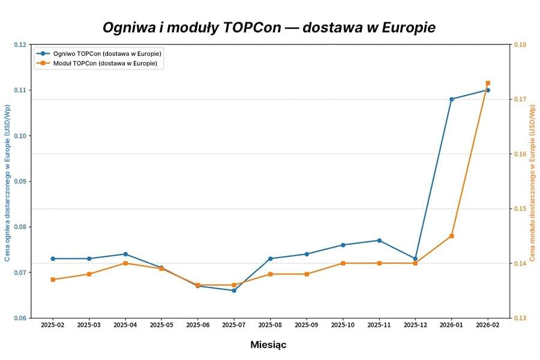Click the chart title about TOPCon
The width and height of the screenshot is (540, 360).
269,28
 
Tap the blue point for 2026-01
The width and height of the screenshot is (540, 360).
451,99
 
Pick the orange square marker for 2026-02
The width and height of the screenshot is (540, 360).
488,83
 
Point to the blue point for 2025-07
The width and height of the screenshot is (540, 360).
234,290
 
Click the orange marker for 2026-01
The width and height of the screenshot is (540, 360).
451,236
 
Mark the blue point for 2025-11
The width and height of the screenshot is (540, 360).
379,241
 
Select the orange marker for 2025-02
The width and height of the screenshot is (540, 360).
53,280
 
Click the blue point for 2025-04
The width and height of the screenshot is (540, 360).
125,254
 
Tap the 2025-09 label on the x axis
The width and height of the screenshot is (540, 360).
307,325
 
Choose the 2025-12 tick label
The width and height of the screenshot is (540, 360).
415,325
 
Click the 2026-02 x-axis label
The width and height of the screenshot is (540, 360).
488,325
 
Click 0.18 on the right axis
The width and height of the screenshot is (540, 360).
520,44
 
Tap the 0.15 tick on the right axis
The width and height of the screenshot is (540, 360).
520,209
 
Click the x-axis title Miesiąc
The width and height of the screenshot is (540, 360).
268,345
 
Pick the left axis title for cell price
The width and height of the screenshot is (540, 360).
8,183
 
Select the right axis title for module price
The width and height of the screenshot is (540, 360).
533,183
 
